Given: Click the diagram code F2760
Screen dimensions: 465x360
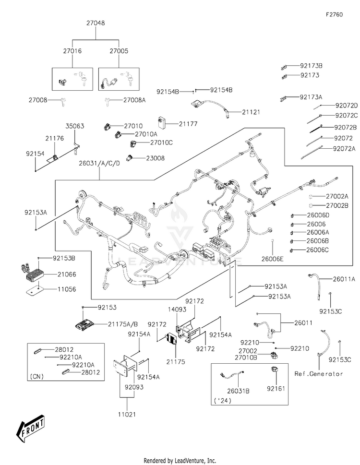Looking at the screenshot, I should pyautogui.click(x=334, y=14).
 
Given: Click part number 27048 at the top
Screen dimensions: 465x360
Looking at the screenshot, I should pyautogui.click(x=96, y=23).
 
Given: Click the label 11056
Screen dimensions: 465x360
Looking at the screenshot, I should pyautogui.click(x=67, y=290).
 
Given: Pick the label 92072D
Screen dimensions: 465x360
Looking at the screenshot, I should pyautogui.click(x=347, y=106).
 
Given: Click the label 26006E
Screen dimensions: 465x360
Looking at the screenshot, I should pyautogui.click(x=273, y=260).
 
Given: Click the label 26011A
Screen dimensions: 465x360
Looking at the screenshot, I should pyautogui.click(x=345, y=279).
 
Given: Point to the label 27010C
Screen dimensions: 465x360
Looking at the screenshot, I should pyautogui.click(x=161, y=143).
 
